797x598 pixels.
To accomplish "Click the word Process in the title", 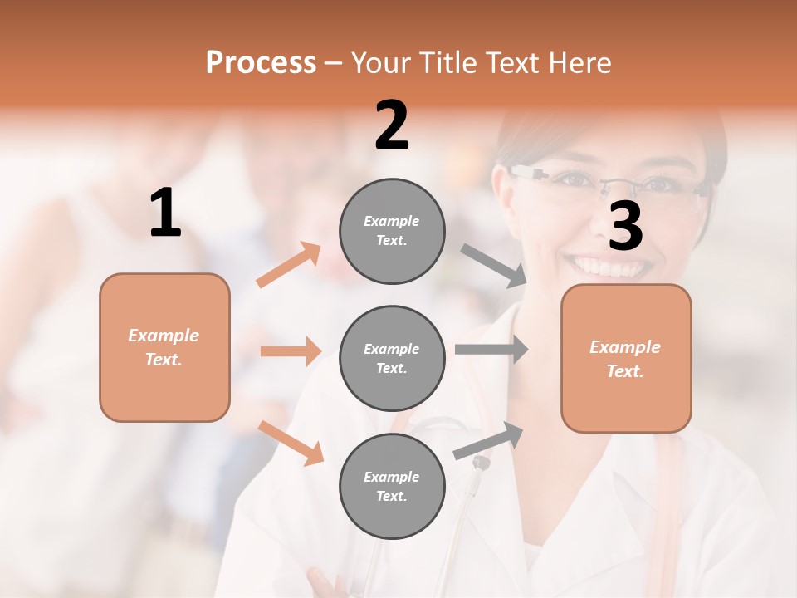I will tap(261, 63).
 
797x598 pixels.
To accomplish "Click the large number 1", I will tap(165, 213).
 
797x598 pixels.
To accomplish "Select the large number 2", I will tap(392, 125).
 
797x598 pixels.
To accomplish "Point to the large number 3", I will tap(625, 226).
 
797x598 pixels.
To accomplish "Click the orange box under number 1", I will tap(164, 347).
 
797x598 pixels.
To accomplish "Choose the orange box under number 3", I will tap(626, 359).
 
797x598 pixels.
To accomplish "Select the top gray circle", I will tap(391, 231).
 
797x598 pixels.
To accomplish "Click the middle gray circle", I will tap(391, 358).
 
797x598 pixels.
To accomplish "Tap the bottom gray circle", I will tap(391, 486).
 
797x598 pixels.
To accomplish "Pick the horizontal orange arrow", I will tap(291, 351).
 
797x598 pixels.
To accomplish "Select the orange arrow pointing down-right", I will tap(291, 443).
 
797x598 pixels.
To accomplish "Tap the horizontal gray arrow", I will tap(491, 349).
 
